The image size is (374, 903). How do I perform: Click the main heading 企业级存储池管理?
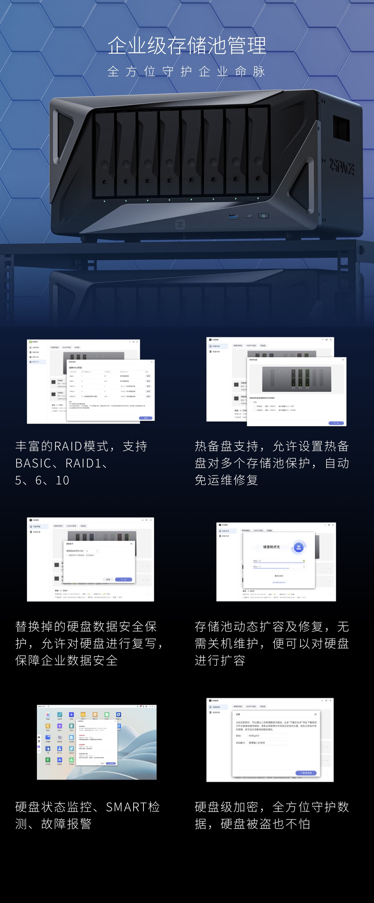pos(187,46)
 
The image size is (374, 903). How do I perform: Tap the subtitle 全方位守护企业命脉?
pos(187,71)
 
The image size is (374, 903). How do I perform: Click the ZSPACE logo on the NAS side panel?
pos(341,167)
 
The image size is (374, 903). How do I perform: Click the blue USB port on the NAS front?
pos(233,216)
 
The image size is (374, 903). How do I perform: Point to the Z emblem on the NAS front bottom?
pos(180,224)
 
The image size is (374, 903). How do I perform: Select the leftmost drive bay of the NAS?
pos(104,154)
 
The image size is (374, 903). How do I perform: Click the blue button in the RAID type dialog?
pos(146,418)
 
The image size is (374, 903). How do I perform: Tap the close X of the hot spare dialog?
pos(343,360)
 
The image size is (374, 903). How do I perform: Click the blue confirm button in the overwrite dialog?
pos(123,579)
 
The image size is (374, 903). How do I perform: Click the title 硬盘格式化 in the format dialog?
pos(272,547)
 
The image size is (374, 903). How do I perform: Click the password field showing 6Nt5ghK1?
pos(267,736)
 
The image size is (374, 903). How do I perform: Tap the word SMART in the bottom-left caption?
pos(126,807)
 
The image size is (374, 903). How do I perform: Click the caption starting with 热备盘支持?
pos(272,463)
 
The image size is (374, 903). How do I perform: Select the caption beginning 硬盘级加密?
pos(272,815)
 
